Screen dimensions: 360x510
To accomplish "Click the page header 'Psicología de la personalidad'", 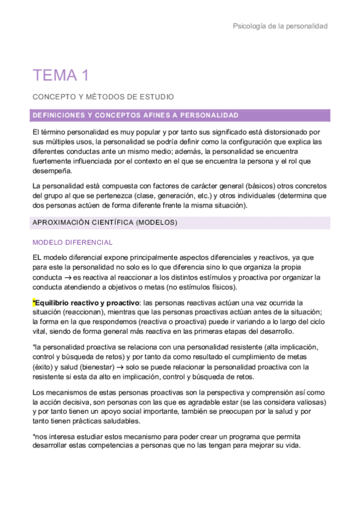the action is pos(280,26).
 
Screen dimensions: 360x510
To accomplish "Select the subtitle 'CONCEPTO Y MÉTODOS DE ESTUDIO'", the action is pos(103,96).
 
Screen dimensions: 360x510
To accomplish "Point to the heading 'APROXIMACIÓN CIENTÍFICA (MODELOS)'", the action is pos(105,223).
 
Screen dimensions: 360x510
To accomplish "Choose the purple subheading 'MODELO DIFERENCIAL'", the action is pos(73,242).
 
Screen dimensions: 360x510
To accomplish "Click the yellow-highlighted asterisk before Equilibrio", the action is pos(34,303).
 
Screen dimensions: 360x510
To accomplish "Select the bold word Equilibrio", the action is pos(57,303).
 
